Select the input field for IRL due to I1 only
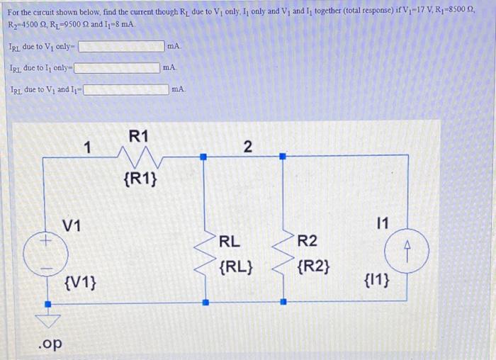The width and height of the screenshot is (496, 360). tap(117, 68)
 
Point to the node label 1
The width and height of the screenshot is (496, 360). tap(86, 147)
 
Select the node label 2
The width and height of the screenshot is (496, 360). tap(247, 147)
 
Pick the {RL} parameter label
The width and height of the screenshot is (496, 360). tap(237, 268)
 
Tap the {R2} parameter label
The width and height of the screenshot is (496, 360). tap(314, 268)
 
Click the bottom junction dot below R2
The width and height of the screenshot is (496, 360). tap(283, 302)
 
